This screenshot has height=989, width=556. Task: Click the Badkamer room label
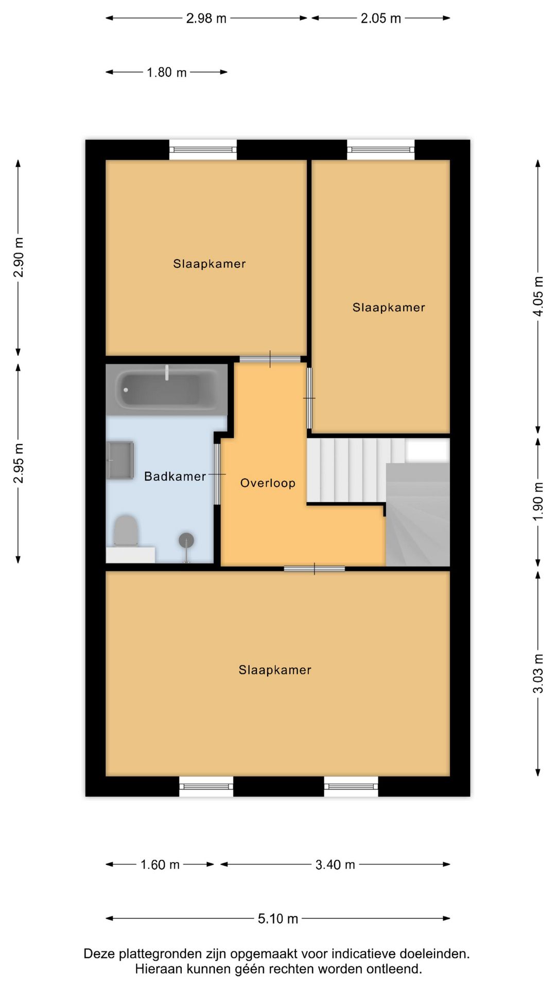click(x=175, y=476)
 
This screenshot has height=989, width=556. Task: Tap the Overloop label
click(x=268, y=483)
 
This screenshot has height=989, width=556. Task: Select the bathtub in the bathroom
click(x=167, y=389)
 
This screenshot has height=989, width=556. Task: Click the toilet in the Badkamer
click(x=126, y=531)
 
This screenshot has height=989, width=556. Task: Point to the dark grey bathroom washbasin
click(x=120, y=460)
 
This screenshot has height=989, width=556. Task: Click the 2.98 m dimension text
click(x=206, y=19)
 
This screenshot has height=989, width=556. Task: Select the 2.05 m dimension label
click(x=380, y=19)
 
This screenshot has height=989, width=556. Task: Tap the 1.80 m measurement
click(x=166, y=73)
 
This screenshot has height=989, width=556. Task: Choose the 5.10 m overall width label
click(x=278, y=918)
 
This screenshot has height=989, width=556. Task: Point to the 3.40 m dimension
click(x=335, y=864)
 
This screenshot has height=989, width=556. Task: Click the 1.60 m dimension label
click(x=160, y=864)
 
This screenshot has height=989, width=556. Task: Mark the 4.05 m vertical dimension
click(x=538, y=296)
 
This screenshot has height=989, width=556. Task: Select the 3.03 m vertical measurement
click(x=538, y=673)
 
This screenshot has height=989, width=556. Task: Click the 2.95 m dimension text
click(x=19, y=463)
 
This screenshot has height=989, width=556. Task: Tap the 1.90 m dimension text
click(x=538, y=501)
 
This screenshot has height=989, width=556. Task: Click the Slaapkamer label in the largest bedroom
click(x=275, y=670)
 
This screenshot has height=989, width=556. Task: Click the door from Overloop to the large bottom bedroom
click(x=315, y=569)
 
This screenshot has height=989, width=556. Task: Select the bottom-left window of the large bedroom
click(x=206, y=787)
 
